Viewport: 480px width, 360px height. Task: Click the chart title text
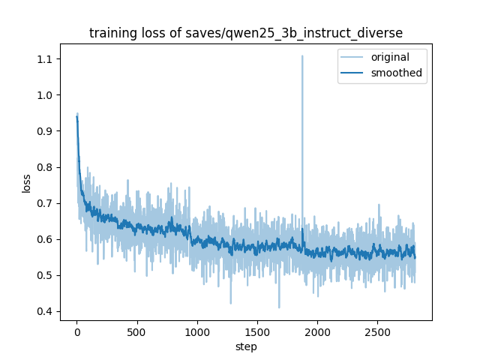click(x=246, y=33)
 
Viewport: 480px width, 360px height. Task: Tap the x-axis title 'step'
click(x=246, y=346)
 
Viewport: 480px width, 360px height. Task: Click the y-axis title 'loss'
click(x=27, y=183)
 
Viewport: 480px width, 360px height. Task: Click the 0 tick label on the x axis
click(x=76, y=331)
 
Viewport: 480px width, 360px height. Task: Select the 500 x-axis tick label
click(x=136, y=331)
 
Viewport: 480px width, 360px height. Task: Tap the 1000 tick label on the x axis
click(x=197, y=331)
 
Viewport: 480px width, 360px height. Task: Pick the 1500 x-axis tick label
click(x=257, y=331)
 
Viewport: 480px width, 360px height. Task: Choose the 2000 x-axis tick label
click(x=317, y=331)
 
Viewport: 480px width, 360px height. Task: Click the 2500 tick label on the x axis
click(x=377, y=331)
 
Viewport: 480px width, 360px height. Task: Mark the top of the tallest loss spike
click(x=302, y=55)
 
